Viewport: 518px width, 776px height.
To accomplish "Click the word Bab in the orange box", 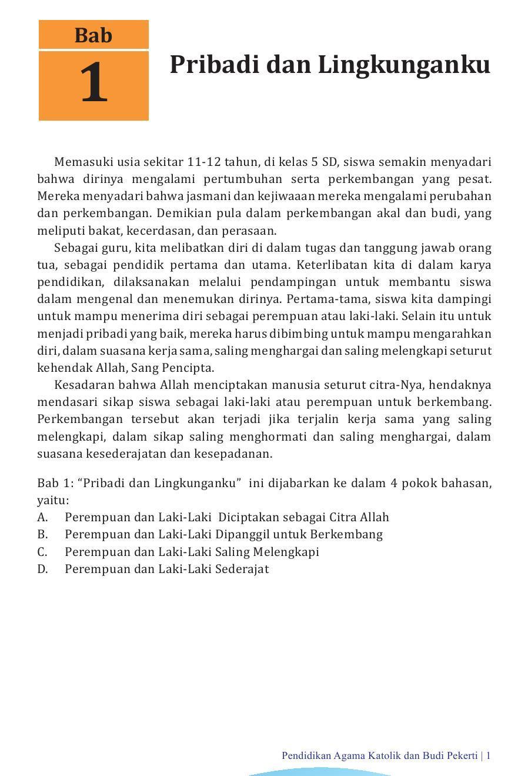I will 93,35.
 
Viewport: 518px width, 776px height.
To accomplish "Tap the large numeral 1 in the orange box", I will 93,84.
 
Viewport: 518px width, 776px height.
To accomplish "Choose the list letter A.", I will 42,518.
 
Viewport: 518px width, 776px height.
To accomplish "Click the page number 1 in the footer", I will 488,756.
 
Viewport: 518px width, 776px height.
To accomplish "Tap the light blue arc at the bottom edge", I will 320,772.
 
